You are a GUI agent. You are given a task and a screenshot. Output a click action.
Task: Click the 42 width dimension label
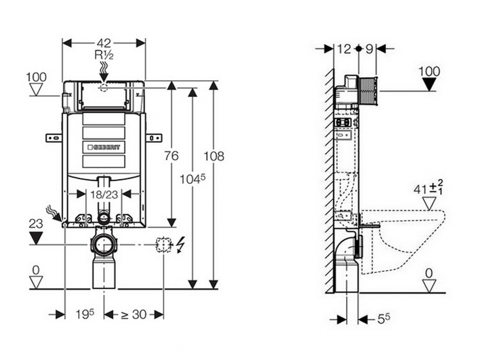[x=104, y=43]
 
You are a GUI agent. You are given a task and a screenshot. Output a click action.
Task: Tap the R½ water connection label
[x=104, y=55]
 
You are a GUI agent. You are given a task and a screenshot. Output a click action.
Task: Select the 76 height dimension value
[x=171, y=156]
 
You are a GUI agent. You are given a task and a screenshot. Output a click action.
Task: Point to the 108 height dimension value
[x=214, y=156]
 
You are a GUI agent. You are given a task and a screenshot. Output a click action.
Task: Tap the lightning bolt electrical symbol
[x=181, y=245]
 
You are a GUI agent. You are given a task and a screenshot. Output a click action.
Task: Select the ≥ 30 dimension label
[x=133, y=314]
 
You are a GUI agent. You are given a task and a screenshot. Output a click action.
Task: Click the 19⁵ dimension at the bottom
[x=85, y=314]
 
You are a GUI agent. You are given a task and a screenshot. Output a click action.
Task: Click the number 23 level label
[x=36, y=224]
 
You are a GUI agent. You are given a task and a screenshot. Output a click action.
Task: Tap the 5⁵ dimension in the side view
[x=382, y=319]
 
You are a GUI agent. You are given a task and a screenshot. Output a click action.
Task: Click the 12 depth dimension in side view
[x=344, y=48]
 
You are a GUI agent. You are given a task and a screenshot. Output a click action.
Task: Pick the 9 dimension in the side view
[x=369, y=48]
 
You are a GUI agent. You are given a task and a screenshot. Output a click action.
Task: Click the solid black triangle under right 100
[x=429, y=84]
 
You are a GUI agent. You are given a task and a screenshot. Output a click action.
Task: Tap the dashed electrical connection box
[x=164, y=245]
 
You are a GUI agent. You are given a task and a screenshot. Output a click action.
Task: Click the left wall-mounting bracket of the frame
[x=54, y=138]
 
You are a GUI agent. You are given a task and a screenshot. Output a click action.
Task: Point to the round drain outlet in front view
[x=103, y=245]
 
